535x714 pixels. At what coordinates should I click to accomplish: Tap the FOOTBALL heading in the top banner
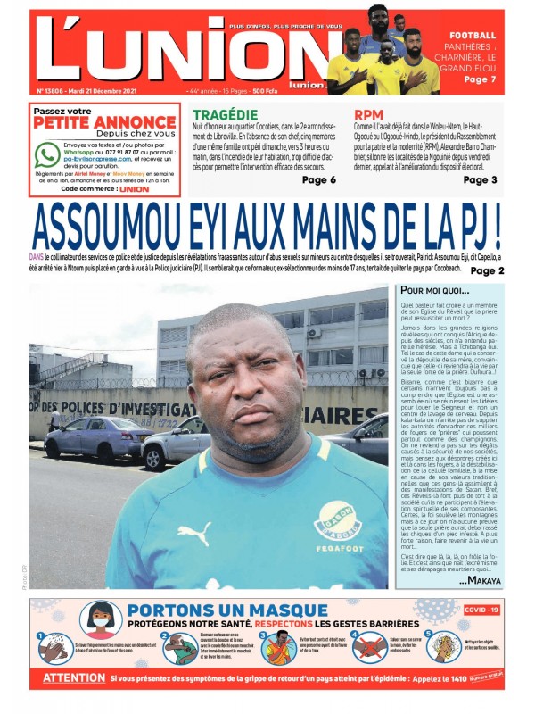[x=473, y=35]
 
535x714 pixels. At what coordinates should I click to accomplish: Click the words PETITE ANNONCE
[x=104, y=122]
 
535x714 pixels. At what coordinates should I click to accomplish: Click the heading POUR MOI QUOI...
[x=434, y=290]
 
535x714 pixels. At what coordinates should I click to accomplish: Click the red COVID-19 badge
[x=482, y=610]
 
